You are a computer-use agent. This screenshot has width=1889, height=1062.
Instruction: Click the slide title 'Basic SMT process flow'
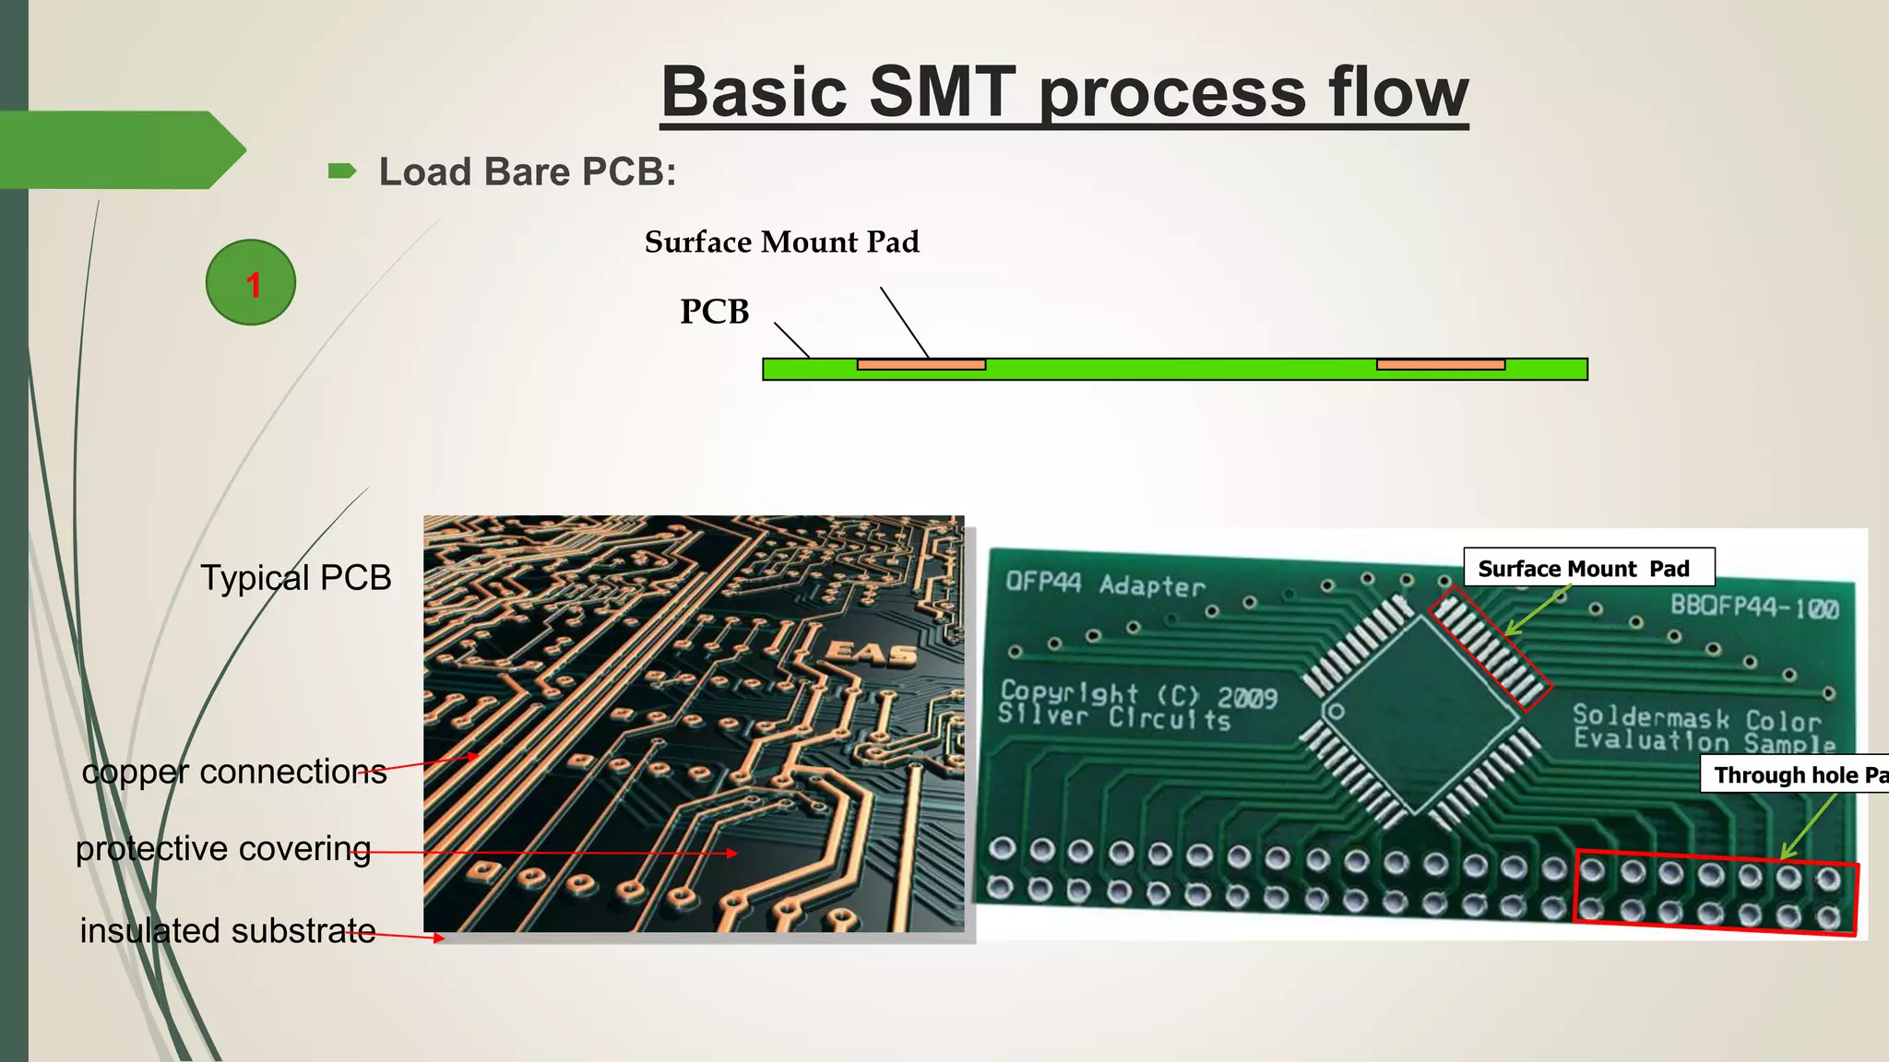coord(1064,92)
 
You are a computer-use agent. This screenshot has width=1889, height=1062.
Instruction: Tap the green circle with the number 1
coord(251,282)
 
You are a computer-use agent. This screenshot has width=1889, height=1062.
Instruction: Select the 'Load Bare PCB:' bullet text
coord(528,172)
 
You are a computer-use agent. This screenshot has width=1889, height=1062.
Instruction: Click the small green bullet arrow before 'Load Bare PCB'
coord(341,171)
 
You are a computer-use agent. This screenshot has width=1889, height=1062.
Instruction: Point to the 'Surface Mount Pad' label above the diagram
coord(781,242)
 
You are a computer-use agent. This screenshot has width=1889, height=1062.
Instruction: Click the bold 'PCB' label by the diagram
coord(715,312)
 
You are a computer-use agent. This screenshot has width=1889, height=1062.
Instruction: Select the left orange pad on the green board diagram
coord(921,365)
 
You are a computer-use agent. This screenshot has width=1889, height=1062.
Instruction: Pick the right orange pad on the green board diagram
coord(1440,365)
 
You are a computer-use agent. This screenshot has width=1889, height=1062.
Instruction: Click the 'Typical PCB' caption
coord(296,578)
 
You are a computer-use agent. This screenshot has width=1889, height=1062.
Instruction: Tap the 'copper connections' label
coord(234,772)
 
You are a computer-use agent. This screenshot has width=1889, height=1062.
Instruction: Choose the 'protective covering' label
coord(223,848)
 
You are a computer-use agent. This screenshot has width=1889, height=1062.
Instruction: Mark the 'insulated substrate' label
coord(228,930)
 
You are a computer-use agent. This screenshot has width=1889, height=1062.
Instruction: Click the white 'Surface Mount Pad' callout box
coord(1588,568)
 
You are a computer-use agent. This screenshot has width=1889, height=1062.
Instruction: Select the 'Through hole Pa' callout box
coord(1795,775)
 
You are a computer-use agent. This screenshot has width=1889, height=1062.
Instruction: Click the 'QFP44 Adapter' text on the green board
coord(1105,584)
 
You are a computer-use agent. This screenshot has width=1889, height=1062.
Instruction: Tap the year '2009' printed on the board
coord(1247,697)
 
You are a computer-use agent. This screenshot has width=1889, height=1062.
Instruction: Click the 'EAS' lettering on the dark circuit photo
coord(871,654)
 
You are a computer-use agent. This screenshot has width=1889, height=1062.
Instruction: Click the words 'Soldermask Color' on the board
coord(1696,717)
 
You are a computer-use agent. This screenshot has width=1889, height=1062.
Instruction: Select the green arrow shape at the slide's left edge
coord(120,150)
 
